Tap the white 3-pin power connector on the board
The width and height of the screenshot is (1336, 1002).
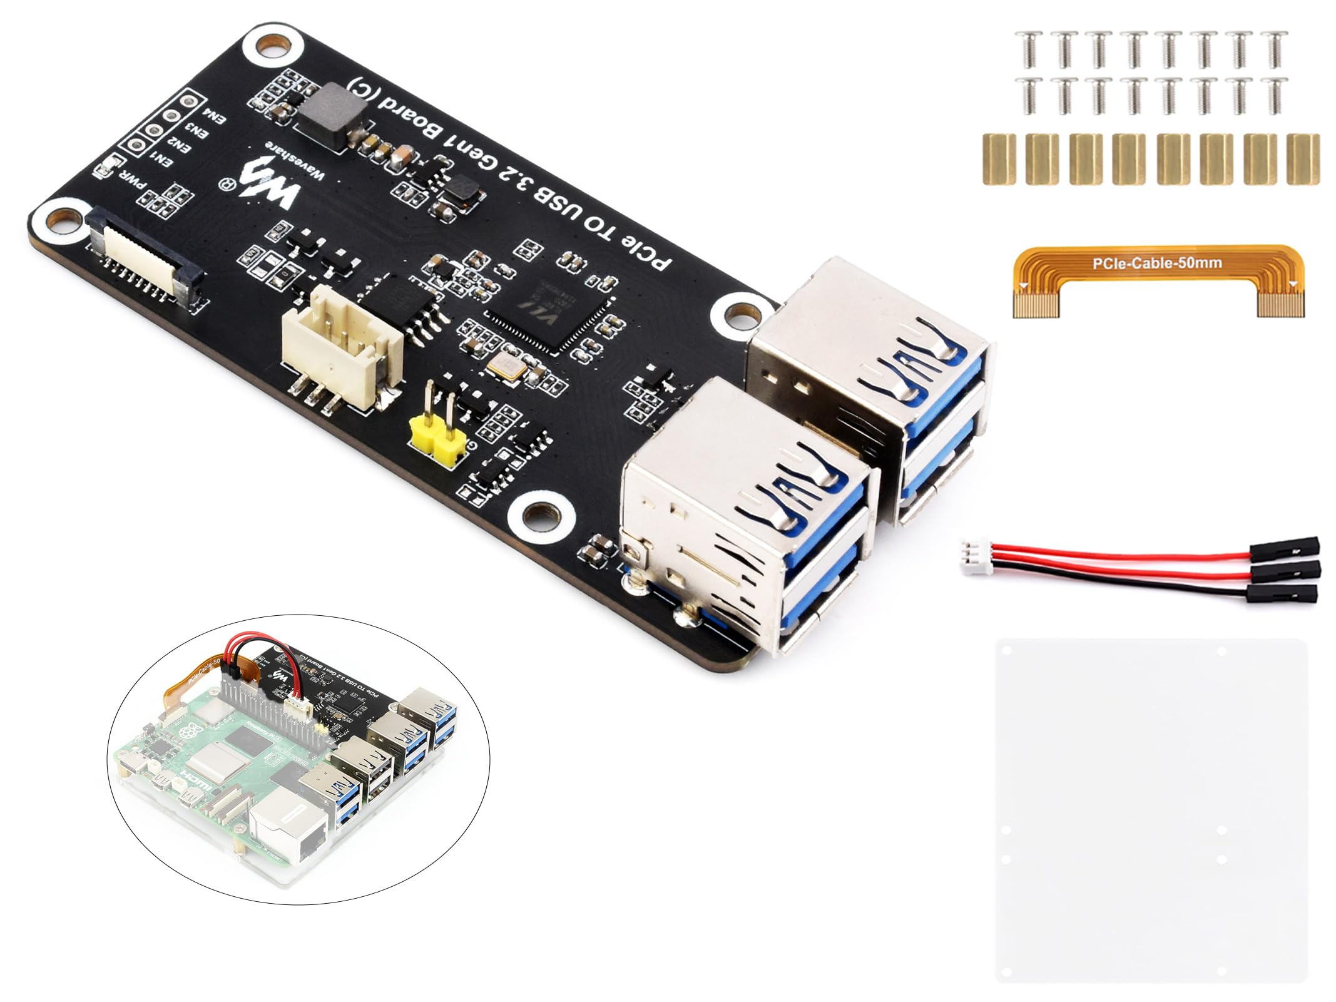[x=341, y=350]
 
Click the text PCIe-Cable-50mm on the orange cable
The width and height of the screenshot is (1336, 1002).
[x=1156, y=263]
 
